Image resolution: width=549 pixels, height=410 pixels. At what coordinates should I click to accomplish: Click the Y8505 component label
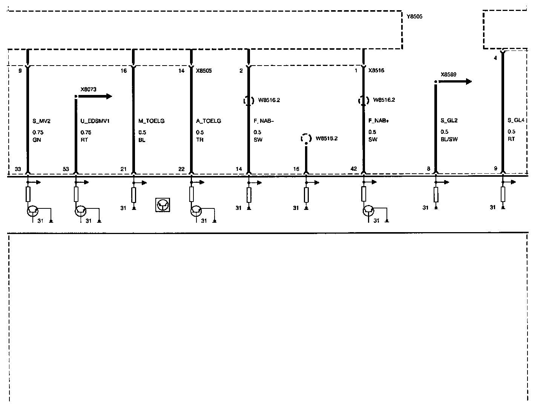[x=415, y=17]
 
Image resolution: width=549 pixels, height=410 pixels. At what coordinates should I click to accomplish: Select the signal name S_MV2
[x=41, y=121]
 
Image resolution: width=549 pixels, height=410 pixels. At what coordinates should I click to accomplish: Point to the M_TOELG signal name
[x=152, y=121]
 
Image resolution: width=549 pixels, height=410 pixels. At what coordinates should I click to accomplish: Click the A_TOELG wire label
[x=209, y=121]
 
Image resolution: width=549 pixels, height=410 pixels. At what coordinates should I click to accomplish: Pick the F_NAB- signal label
[x=264, y=121]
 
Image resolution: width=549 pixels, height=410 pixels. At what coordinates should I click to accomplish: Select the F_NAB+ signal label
[x=379, y=121]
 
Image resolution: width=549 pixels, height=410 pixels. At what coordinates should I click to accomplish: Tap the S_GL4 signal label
[x=516, y=121]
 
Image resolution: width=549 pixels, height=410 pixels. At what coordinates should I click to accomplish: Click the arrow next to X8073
[x=96, y=96]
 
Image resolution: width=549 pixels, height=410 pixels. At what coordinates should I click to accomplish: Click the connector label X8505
[x=204, y=70]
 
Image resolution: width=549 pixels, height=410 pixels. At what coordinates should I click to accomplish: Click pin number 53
[x=66, y=169]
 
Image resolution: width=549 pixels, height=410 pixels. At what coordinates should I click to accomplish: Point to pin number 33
[x=18, y=169]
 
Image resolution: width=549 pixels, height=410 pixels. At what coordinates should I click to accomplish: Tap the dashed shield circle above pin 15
[x=306, y=139]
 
